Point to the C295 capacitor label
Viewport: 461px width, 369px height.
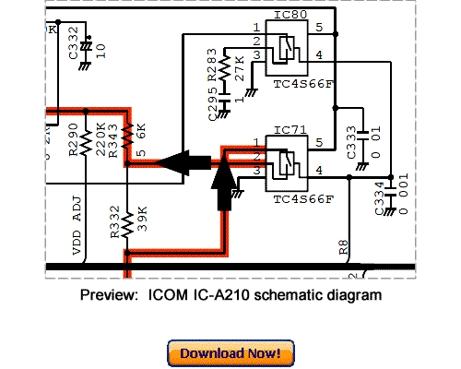pyautogui.click(x=213, y=102)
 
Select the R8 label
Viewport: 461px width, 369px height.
pyautogui.click(x=343, y=246)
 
